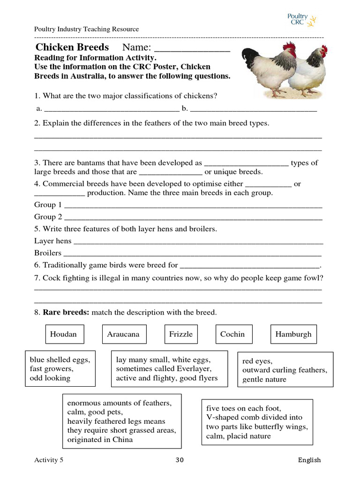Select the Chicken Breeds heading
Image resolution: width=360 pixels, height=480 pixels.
pos(72,47)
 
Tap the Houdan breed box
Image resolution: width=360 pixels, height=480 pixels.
pos(63,334)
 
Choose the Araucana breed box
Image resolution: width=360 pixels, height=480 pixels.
pos(123,334)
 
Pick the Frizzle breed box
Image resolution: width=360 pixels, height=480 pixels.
pos(181,334)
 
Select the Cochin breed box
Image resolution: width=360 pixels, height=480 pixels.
pos(232,334)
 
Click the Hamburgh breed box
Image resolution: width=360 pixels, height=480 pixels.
pos(293,334)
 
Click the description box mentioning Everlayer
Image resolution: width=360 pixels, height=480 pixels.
pos(169,369)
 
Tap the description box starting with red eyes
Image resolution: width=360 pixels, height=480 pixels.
pos(285,370)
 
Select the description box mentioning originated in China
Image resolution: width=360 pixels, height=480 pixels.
pos(122,421)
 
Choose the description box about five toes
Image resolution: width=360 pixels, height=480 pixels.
pos(256,422)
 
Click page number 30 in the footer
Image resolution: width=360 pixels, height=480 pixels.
pos(180,460)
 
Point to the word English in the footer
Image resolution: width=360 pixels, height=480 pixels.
pos(309,460)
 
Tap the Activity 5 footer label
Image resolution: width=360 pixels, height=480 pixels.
pos(49,460)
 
